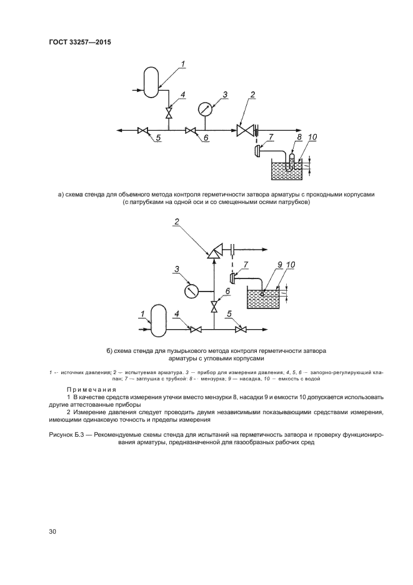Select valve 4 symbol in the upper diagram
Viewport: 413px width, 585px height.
point(168,113)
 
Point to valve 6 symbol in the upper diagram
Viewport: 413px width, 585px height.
point(191,131)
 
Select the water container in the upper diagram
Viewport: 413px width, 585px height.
point(289,170)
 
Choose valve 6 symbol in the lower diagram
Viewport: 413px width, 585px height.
point(214,307)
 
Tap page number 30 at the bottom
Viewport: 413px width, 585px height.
point(52,531)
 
